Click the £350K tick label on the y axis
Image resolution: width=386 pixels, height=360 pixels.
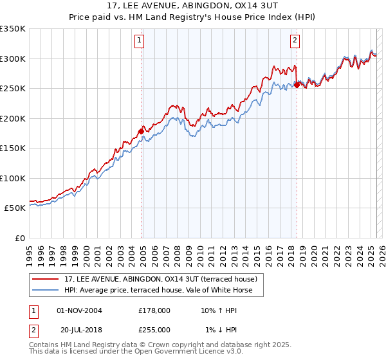[13, 29]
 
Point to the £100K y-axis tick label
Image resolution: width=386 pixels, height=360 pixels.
[13, 178]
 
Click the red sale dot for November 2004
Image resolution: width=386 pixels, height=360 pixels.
[141, 132]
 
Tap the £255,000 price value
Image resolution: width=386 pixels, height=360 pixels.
[154, 330]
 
